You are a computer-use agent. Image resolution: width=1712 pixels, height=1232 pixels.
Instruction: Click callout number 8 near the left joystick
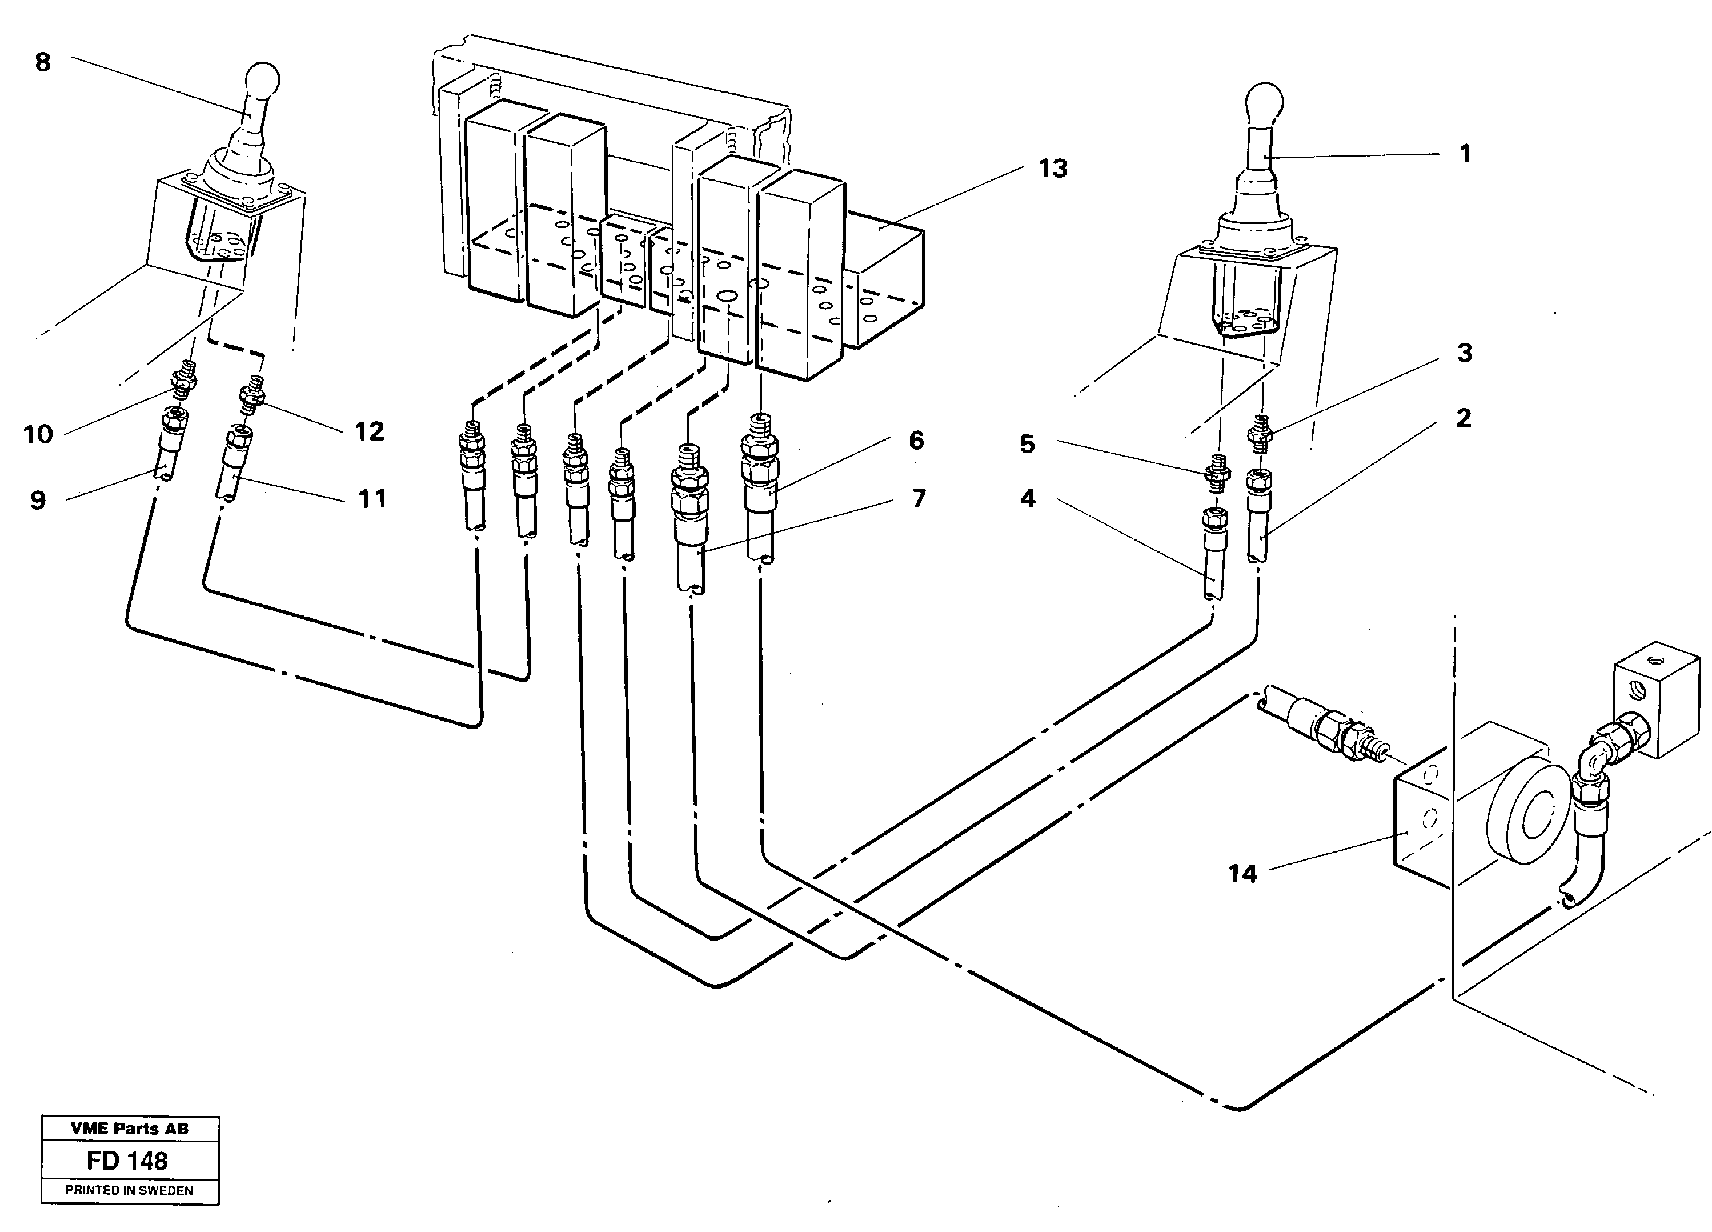pos(43,62)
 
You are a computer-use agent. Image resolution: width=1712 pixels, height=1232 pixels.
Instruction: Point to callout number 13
pos(1052,169)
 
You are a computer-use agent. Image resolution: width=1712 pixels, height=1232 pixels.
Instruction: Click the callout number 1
pos(1465,154)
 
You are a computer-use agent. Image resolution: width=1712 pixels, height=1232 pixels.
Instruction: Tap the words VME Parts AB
pos(129,1129)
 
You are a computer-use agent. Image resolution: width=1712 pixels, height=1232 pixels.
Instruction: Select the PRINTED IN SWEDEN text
pos(129,1190)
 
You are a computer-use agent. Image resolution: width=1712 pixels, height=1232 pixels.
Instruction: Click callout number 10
pos(38,434)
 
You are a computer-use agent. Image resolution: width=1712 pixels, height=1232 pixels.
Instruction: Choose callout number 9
pos(38,500)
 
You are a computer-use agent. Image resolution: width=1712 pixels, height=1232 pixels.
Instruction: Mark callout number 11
pos(371,498)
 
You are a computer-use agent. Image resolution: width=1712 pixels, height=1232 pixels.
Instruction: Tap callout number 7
pos(918,498)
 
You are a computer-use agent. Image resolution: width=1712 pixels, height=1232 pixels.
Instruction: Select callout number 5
pos(1027,444)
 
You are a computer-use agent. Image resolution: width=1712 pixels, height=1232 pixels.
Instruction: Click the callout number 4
pos(1027,498)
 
